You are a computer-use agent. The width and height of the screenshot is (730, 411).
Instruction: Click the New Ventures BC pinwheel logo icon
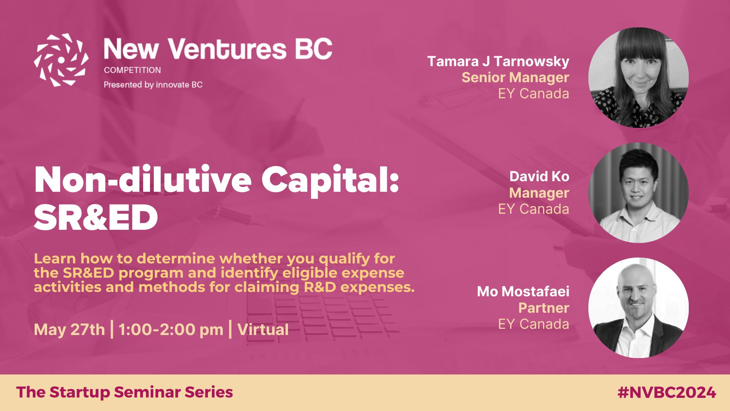(x=61, y=60)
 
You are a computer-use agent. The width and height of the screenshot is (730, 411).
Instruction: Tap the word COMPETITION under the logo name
(x=132, y=70)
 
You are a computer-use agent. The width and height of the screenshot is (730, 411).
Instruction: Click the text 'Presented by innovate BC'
(x=153, y=85)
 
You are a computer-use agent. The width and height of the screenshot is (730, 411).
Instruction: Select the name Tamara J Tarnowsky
(x=498, y=62)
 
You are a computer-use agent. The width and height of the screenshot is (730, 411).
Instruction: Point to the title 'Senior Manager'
(x=515, y=78)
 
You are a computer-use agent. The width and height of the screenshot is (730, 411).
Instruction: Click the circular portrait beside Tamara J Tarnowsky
(x=638, y=77)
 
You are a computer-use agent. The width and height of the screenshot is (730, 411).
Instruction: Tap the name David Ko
(x=539, y=176)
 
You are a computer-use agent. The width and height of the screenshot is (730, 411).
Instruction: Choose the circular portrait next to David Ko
(x=638, y=193)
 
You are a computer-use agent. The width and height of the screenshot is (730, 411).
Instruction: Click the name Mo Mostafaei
(x=523, y=292)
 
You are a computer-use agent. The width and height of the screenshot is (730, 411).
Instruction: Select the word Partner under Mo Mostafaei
(x=544, y=308)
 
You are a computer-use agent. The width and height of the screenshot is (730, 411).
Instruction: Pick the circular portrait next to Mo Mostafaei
(x=638, y=308)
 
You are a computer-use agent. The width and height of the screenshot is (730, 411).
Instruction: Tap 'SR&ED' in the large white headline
(x=96, y=218)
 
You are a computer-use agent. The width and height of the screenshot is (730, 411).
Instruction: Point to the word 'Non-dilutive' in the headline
(x=143, y=179)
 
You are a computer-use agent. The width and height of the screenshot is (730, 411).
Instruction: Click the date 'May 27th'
(x=69, y=330)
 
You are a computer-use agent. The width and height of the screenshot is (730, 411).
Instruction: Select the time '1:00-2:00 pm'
(x=171, y=330)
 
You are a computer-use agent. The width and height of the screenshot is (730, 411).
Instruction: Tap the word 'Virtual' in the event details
(x=263, y=330)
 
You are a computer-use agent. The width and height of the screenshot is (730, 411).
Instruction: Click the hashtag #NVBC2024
(x=667, y=393)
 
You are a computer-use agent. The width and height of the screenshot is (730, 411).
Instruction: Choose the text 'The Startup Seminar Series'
(x=124, y=392)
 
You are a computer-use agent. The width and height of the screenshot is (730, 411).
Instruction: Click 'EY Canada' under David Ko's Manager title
(x=534, y=209)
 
